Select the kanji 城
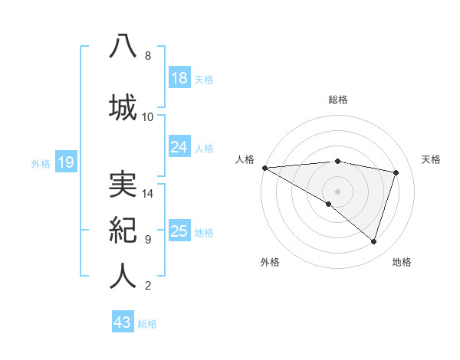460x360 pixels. [x=123, y=106]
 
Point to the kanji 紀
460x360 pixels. [x=123, y=230]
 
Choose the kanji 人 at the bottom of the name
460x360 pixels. [x=123, y=276]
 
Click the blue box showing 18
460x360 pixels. [x=179, y=78]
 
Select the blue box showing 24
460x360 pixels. [x=179, y=147]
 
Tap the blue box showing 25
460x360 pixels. [x=179, y=231]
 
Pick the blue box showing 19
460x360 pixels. [x=65, y=162]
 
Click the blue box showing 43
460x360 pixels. [x=123, y=322]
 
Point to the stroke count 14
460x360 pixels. [x=148, y=194]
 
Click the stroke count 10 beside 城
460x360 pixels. [x=148, y=116]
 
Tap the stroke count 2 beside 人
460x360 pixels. [x=147, y=286]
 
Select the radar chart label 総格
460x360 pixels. [x=338, y=100]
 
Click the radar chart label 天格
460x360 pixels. [x=432, y=159]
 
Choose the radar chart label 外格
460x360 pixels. [x=270, y=262]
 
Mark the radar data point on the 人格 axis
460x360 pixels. [x=264, y=167]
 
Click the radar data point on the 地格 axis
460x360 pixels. [x=374, y=242]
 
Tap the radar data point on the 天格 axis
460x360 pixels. [x=396, y=172]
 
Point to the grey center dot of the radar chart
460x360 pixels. [x=337, y=190]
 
